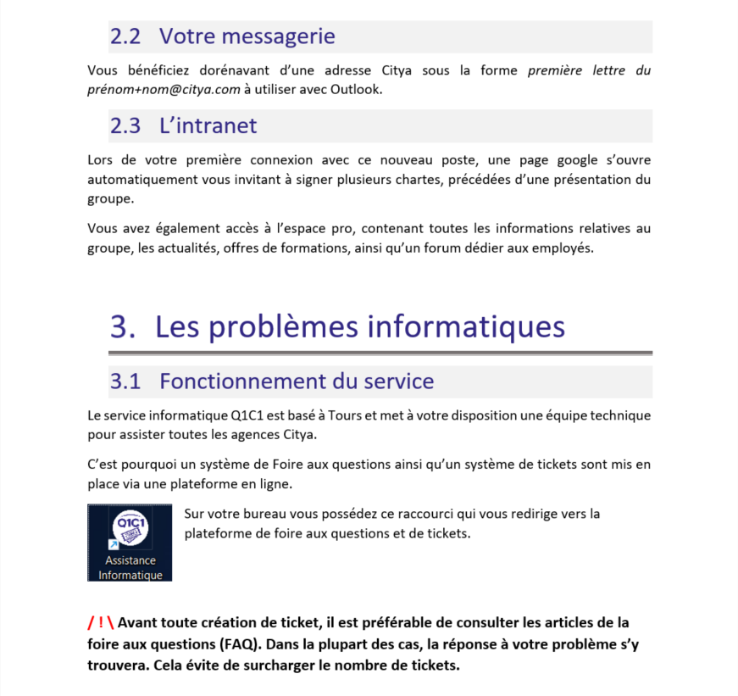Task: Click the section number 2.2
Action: [125, 36]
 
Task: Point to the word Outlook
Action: [359, 89]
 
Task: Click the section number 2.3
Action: [125, 125]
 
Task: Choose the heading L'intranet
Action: [208, 125]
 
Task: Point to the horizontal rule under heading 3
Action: [380, 353]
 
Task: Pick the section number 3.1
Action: [125, 381]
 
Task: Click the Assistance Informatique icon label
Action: [130, 568]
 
